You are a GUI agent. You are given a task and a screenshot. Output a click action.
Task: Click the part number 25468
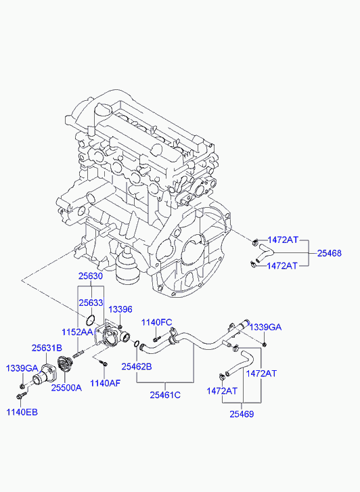tap(330, 253)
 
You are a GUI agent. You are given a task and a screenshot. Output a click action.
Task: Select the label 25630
tap(89, 277)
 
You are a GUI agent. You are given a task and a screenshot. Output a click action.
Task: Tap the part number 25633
tap(89, 303)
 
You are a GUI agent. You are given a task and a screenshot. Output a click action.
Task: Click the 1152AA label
tap(78, 332)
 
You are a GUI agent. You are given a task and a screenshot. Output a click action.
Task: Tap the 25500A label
tap(66, 388)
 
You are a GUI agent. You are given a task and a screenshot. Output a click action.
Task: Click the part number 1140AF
tap(105, 383)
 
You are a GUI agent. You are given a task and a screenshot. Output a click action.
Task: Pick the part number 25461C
tap(165, 395)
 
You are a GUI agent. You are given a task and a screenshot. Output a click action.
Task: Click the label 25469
tap(241, 414)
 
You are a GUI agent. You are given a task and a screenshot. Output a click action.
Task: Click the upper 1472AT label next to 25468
tap(283, 240)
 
